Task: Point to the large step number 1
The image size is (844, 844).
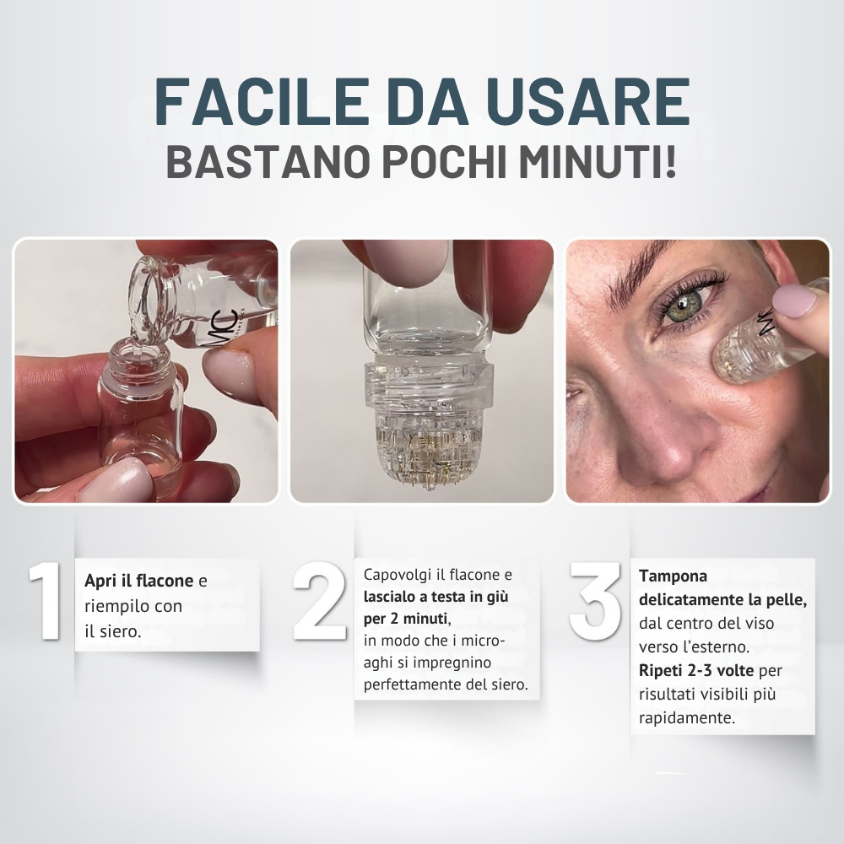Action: point(46,601)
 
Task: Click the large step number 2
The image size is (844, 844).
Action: point(320,601)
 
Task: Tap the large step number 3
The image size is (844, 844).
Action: point(595,601)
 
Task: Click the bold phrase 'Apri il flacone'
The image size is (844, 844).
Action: point(139,581)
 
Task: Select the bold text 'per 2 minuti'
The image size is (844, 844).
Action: point(406,619)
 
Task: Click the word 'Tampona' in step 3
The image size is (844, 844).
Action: point(673,576)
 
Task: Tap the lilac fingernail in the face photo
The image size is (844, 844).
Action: point(792,301)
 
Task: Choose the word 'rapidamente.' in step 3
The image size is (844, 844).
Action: point(687,718)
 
